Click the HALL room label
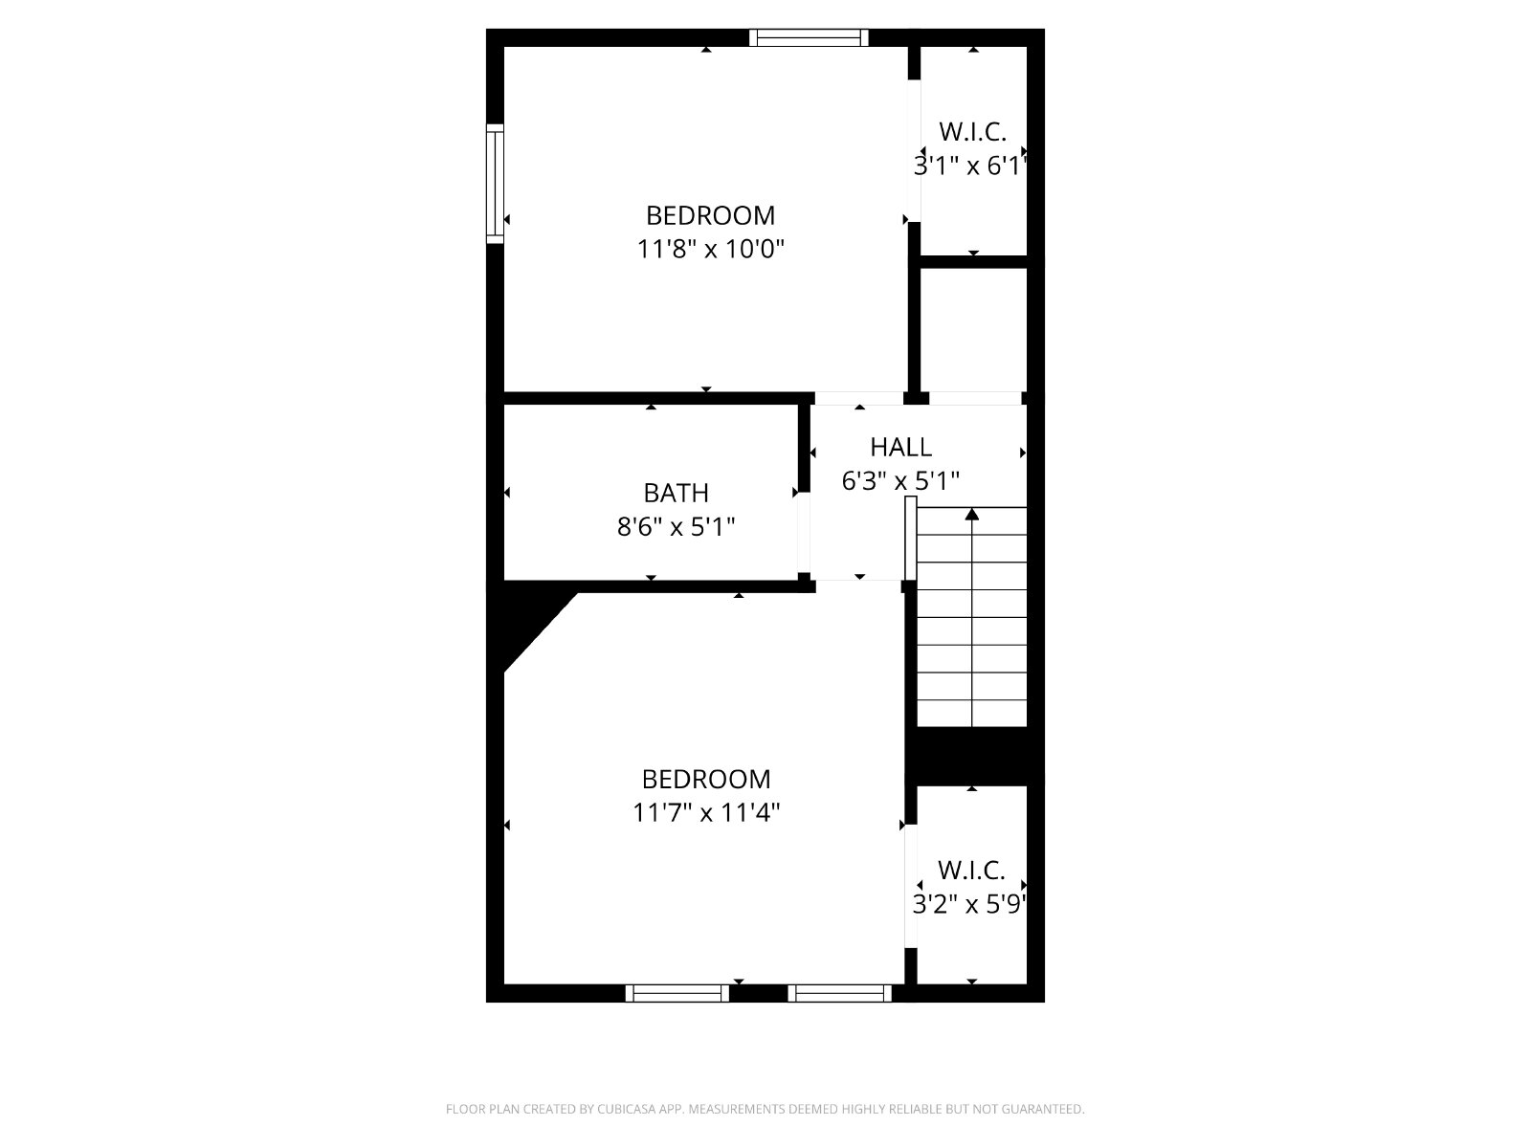(900, 448)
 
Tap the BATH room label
(676, 494)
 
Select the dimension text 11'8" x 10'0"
(711, 249)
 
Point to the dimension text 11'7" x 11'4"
(706, 813)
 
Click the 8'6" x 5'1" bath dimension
(676, 527)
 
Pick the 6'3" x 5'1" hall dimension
(900, 481)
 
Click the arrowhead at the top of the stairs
(971, 515)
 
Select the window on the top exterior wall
(810, 37)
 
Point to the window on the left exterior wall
(495, 184)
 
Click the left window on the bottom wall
(677, 993)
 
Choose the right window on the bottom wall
(840, 993)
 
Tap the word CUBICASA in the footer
(627, 1109)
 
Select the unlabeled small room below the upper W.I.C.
(973, 330)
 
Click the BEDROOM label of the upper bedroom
(711, 216)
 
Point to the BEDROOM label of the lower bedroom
(706, 780)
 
